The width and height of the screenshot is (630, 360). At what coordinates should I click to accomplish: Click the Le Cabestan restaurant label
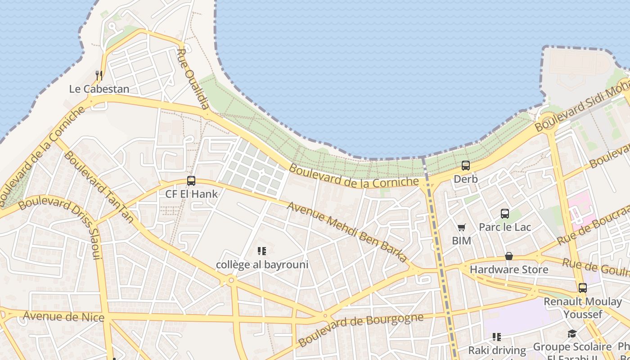(x=99, y=89)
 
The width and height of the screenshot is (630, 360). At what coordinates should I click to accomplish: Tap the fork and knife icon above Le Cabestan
(x=99, y=75)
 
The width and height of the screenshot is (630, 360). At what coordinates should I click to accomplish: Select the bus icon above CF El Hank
(x=191, y=181)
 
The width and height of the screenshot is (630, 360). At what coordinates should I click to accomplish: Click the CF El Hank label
(x=191, y=194)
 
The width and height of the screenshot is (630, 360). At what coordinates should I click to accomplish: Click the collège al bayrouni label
(x=262, y=264)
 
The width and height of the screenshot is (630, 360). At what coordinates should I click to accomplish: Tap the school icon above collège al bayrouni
(x=262, y=251)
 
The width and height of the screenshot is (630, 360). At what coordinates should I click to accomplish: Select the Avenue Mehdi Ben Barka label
(x=347, y=232)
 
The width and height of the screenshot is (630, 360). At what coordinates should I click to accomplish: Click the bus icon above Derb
(x=466, y=166)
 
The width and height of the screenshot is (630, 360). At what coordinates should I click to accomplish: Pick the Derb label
(x=466, y=179)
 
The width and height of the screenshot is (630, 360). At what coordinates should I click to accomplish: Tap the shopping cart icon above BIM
(x=462, y=228)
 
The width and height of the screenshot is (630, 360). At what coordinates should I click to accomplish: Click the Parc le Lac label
(x=505, y=227)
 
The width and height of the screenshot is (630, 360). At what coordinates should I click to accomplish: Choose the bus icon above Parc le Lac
(x=505, y=214)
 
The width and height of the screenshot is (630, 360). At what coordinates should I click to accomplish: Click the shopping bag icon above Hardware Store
(x=509, y=256)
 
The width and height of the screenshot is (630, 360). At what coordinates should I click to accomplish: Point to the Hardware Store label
(x=509, y=270)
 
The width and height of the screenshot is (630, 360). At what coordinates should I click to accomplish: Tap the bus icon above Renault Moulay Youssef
(x=583, y=288)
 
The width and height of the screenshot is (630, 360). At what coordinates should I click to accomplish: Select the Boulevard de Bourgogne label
(x=360, y=330)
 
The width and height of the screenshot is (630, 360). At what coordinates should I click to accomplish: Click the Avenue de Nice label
(x=63, y=316)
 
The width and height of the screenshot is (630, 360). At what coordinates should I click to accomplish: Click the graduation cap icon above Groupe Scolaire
(x=572, y=334)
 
